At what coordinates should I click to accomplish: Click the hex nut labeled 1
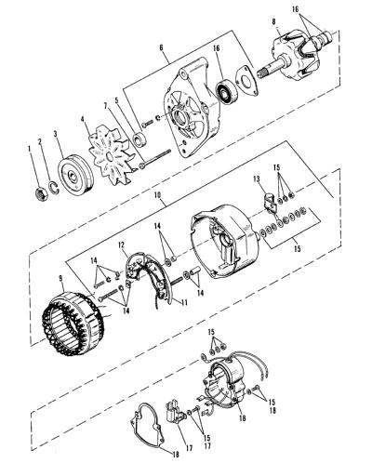click(41, 193)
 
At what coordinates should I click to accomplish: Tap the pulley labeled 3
click(74, 178)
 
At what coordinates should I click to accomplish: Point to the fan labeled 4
click(110, 155)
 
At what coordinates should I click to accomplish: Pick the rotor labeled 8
click(298, 59)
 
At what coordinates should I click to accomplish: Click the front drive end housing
click(193, 112)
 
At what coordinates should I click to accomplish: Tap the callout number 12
click(121, 245)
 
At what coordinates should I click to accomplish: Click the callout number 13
click(257, 179)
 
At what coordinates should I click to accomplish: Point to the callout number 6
click(161, 47)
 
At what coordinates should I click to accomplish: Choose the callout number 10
click(158, 195)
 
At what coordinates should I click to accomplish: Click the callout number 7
click(106, 106)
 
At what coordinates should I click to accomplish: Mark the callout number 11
click(185, 302)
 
